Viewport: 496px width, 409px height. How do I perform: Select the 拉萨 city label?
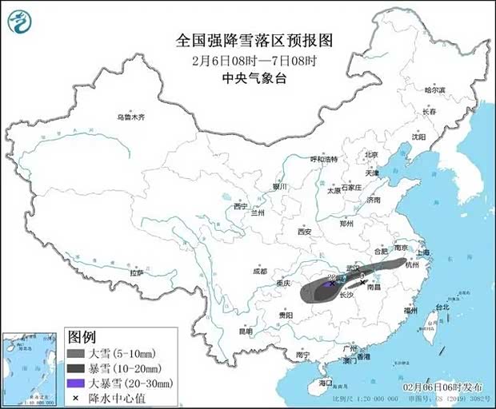(x=137, y=273)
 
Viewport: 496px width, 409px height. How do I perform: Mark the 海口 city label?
(x=325, y=383)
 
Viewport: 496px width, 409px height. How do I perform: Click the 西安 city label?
(x=303, y=232)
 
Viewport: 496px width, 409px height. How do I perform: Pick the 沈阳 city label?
(x=418, y=137)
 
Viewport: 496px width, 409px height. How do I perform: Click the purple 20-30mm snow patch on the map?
(x=330, y=281)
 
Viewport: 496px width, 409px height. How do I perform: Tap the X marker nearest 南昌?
(x=364, y=281)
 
